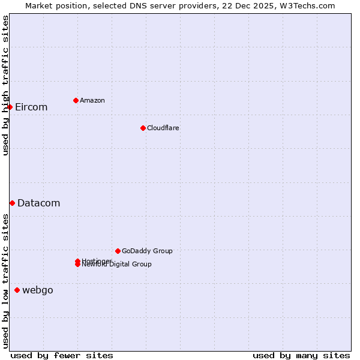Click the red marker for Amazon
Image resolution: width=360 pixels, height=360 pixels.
pyautogui.click(x=76, y=100)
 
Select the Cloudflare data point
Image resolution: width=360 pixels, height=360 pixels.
pyautogui.click(x=143, y=128)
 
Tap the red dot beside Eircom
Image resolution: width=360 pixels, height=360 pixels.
pyautogui.click(x=10, y=107)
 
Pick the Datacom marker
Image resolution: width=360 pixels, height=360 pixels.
pyautogui.click(x=12, y=203)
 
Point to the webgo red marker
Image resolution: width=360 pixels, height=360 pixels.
pyautogui.click(x=17, y=290)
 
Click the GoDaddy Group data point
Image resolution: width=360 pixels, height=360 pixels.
pyautogui.click(x=118, y=251)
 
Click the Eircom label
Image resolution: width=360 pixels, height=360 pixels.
pyautogui.click(x=31, y=107)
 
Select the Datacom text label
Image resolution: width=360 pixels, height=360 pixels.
pyautogui.click(x=38, y=203)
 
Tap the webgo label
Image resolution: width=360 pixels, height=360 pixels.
pyautogui.click(x=37, y=290)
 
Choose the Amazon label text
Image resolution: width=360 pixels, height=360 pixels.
pyautogui.click(x=92, y=101)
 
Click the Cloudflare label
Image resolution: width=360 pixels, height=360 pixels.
pyautogui.click(x=163, y=128)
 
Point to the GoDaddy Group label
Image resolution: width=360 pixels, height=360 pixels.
pyautogui.click(x=147, y=251)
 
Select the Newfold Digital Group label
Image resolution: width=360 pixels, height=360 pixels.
pyautogui.click(x=118, y=265)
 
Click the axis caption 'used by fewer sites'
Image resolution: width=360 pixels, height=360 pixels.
pyautogui.click(x=62, y=355)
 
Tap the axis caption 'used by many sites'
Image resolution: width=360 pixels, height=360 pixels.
pyautogui.click(x=301, y=355)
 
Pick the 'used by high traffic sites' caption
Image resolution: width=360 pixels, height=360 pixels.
pyautogui.click(x=5, y=85)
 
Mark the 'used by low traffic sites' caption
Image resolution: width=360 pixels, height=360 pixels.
pyautogui.click(x=5, y=281)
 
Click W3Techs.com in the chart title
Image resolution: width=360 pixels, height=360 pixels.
pyautogui.click(x=307, y=5)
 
